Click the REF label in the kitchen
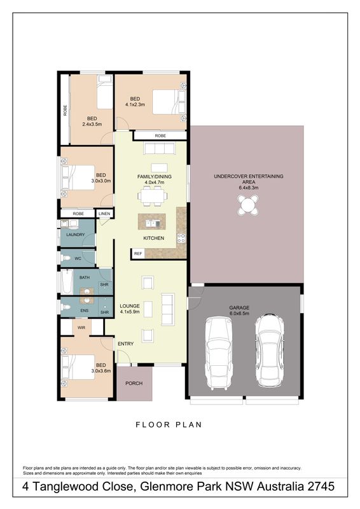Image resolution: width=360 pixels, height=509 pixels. click(x=138, y=253)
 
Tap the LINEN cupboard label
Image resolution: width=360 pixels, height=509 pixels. click(x=104, y=214)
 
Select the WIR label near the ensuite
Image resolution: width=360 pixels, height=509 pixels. click(x=81, y=328)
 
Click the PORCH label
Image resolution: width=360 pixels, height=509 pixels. click(x=134, y=384)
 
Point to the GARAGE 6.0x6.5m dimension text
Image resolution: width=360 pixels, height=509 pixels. click(x=239, y=313)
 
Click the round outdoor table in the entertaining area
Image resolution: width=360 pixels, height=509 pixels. click(x=248, y=205)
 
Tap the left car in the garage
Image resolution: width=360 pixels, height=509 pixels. click(x=219, y=352)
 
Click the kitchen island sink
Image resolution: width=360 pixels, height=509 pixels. click(x=153, y=223)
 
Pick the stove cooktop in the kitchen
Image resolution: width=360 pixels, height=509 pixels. click(x=181, y=238)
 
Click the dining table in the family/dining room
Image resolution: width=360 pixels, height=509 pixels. click(x=152, y=196)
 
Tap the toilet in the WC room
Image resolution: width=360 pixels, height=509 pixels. click(x=66, y=259)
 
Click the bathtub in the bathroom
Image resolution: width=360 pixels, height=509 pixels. click(x=67, y=282)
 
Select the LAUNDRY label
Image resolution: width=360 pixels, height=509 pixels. click(x=75, y=234)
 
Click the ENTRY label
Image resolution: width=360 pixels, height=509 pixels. click(x=126, y=344)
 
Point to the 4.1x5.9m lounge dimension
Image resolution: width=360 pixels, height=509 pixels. click(x=130, y=312)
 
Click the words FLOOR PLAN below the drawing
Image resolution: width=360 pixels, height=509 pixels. click(x=169, y=424)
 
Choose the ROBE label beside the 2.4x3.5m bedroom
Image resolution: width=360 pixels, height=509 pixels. click(x=66, y=110)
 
